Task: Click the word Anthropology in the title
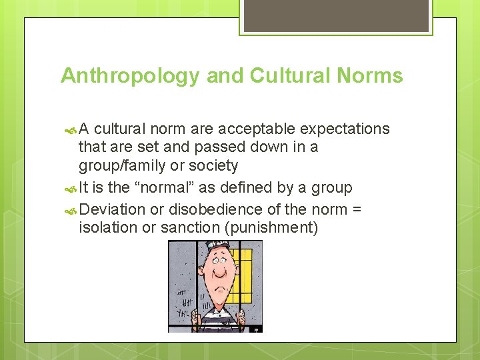click(x=130, y=76)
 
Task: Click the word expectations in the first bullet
click(x=345, y=129)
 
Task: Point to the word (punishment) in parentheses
click(x=271, y=228)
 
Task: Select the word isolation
click(x=109, y=228)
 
